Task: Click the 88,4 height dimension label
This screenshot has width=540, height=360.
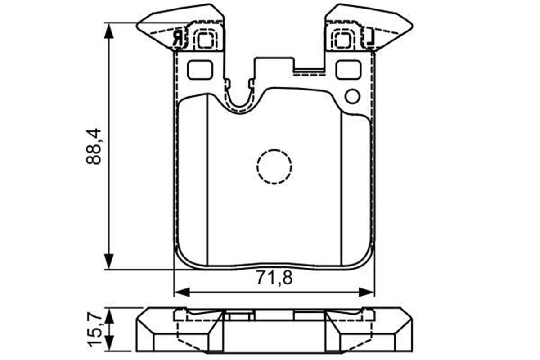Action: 94,147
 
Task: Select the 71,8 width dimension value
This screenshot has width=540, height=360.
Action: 274,278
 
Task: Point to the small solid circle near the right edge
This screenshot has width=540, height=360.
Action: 352,96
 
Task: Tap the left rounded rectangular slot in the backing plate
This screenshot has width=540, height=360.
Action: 200,70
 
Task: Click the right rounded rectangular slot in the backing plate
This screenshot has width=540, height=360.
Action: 349,70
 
